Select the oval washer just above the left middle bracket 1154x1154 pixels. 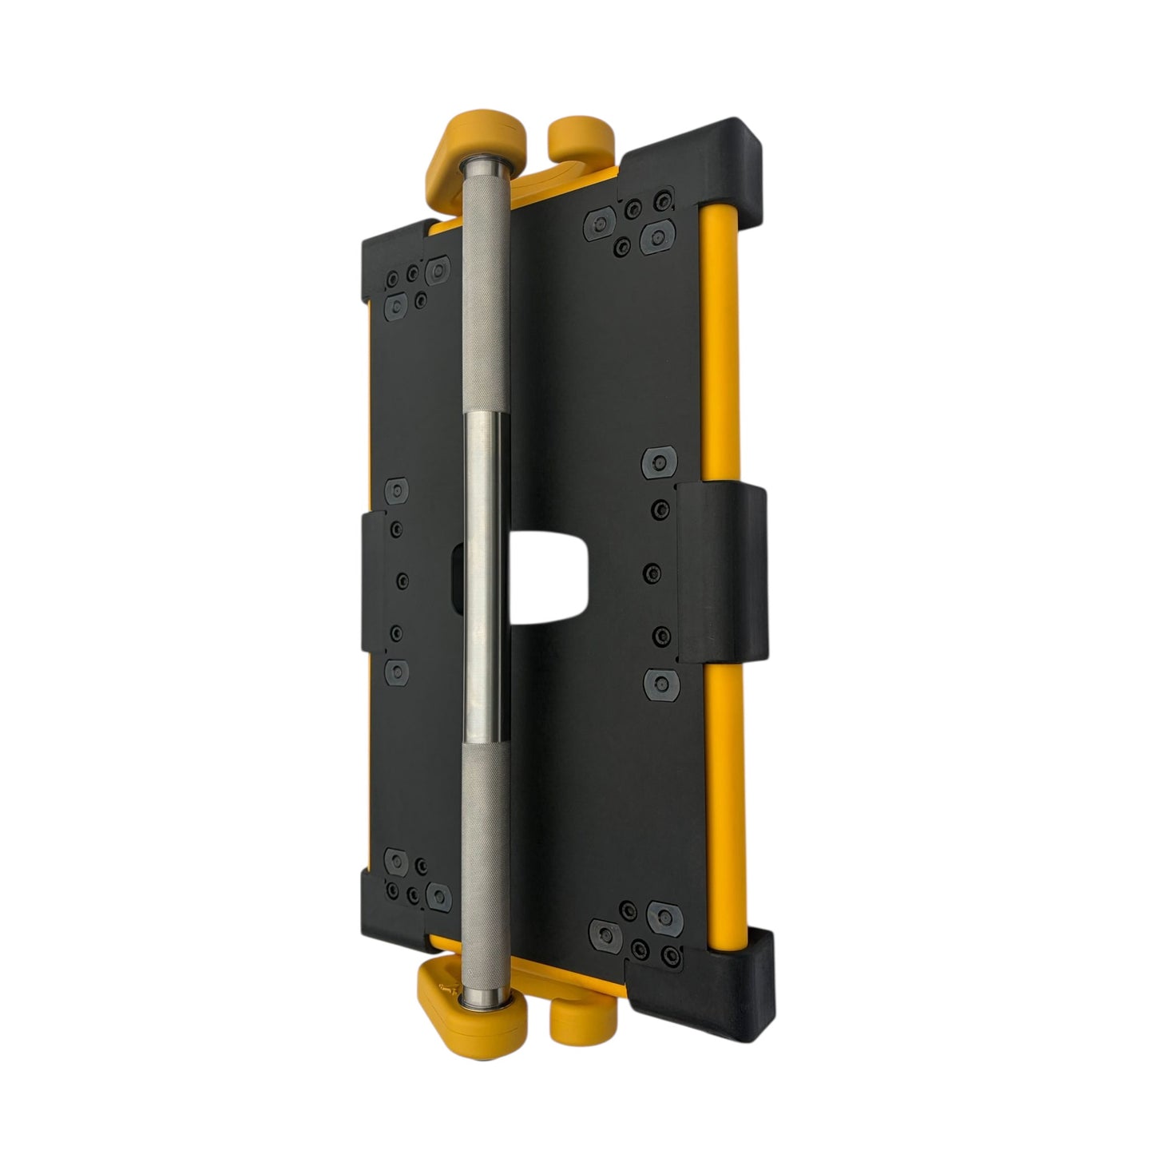(x=397, y=491)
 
